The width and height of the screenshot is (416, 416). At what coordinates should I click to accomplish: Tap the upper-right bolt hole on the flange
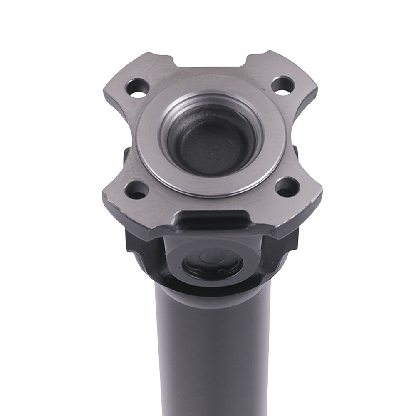(283, 85)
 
